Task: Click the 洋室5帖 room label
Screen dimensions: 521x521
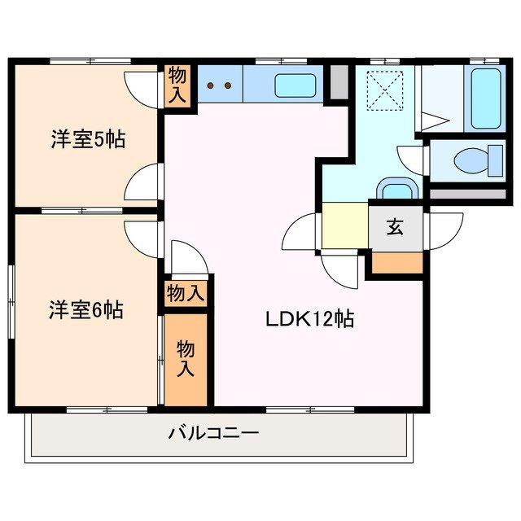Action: [87, 139]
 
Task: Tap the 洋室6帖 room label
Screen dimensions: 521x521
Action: [85, 309]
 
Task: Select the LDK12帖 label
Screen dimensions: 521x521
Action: [309, 319]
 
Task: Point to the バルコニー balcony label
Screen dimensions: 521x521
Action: [213, 432]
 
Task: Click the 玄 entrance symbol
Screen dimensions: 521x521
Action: [396, 227]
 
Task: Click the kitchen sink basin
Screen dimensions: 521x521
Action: [296, 85]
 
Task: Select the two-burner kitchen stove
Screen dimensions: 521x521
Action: [220, 84]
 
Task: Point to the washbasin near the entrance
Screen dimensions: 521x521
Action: [397, 190]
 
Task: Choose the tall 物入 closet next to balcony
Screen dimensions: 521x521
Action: [186, 358]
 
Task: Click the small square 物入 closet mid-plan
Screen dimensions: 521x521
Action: [186, 293]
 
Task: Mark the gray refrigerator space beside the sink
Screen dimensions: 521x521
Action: [339, 81]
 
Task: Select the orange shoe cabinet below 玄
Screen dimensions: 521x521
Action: [397, 263]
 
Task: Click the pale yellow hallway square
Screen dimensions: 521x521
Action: [345, 225]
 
